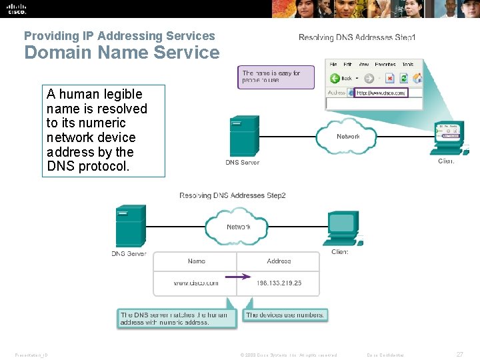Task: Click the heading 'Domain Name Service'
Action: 121,53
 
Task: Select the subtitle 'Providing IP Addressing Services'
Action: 119,36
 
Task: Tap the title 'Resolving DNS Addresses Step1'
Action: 357,37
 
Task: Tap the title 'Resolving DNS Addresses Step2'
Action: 233,195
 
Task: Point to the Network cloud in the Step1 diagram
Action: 348,136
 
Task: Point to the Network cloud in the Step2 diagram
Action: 239,227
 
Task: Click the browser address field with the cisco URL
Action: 379,93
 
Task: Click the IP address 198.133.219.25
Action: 279,283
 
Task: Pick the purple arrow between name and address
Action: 237,276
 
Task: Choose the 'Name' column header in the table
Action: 196,261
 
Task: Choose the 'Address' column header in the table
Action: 279,261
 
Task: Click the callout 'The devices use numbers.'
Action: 285,315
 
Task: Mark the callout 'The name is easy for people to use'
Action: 275,77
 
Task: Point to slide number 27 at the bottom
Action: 459,355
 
